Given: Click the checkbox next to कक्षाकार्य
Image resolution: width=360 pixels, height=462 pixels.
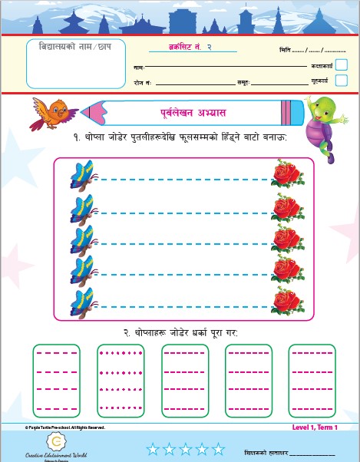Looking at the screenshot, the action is tap(341, 65).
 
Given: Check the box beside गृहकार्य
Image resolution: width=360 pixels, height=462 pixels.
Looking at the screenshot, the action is tap(341, 80).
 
